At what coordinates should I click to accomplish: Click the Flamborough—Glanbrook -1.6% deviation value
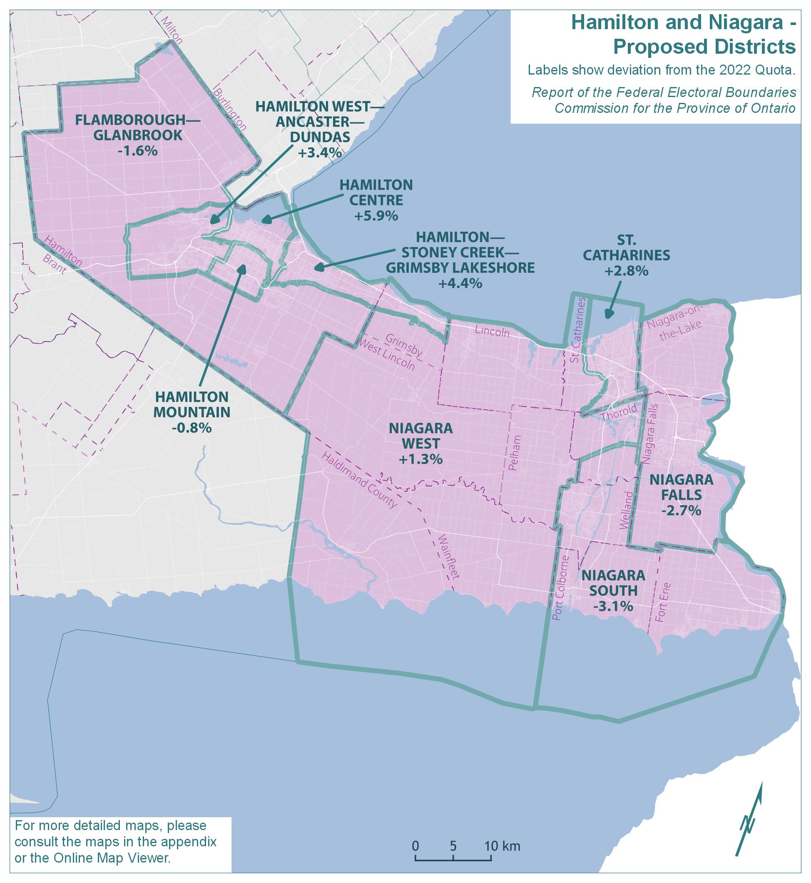point(137,151)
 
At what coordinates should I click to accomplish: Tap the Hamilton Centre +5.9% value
point(376,216)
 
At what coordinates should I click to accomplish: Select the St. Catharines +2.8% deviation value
point(626,271)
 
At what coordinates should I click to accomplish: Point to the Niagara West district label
point(420,436)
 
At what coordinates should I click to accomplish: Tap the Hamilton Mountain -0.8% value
point(192,427)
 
